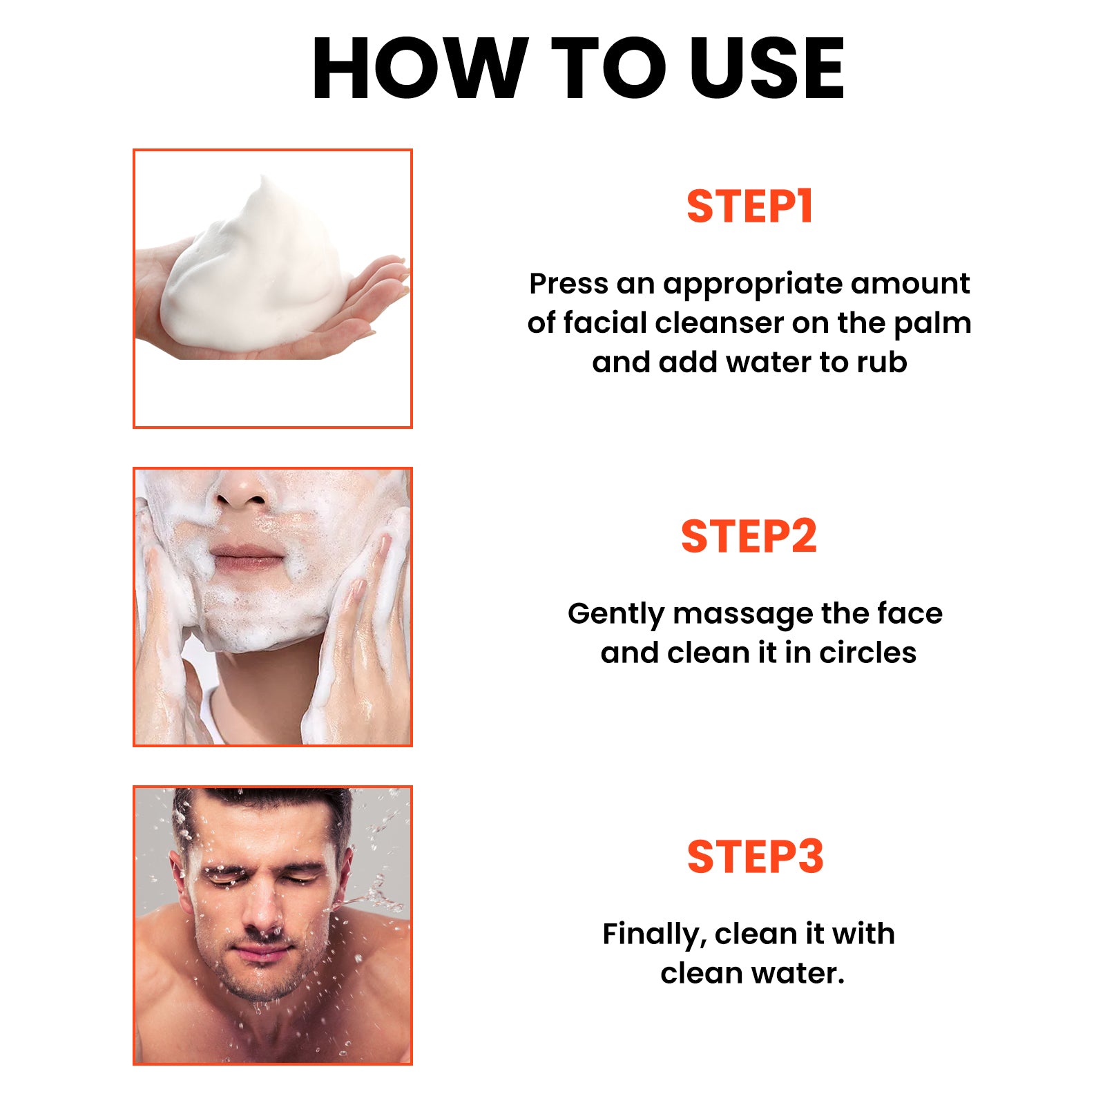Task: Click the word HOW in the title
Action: click(x=419, y=69)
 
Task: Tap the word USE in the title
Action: click(x=767, y=69)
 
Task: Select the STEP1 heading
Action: click(x=749, y=206)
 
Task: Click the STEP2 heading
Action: click(x=749, y=537)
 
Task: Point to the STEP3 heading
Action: click(x=755, y=857)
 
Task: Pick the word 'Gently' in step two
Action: click(x=616, y=615)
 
